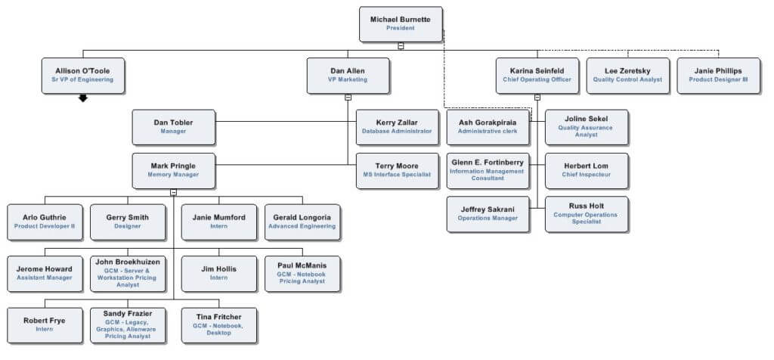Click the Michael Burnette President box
click(x=401, y=23)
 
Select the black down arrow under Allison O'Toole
click(x=83, y=98)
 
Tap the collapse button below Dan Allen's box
click(x=348, y=97)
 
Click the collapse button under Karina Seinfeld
click(x=537, y=97)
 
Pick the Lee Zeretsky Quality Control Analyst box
click(x=628, y=75)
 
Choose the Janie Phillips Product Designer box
click(x=718, y=75)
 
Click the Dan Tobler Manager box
click(x=174, y=126)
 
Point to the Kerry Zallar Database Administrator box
click(x=397, y=126)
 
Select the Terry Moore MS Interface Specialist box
click(x=397, y=170)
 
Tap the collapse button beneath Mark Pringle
click(x=174, y=192)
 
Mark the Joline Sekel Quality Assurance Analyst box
click(x=587, y=126)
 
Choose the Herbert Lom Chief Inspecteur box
click(x=587, y=170)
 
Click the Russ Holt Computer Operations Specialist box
click(x=587, y=214)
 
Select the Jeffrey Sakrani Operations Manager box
click(x=488, y=214)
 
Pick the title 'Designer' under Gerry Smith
click(x=127, y=226)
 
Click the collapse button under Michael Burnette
click(x=401, y=45)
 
